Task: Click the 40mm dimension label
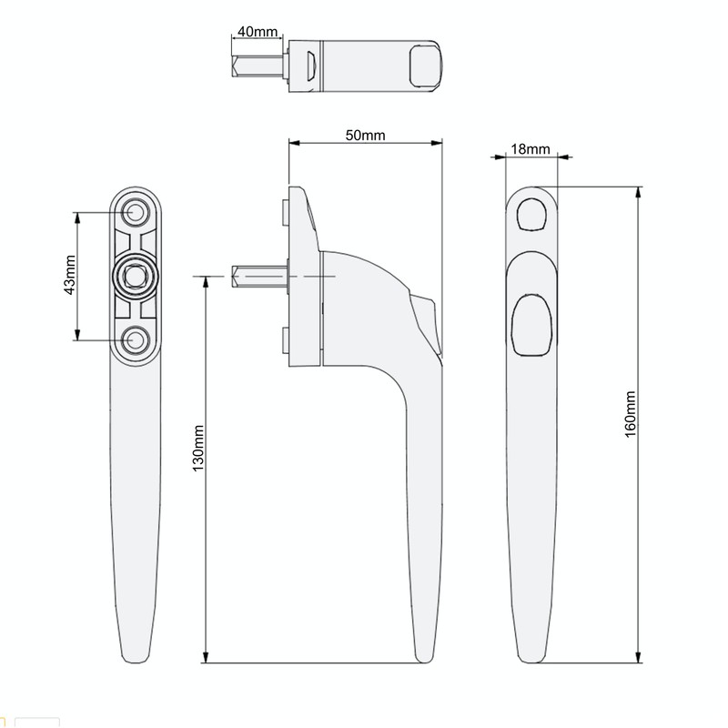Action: (257, 31)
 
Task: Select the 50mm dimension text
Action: (366, 135)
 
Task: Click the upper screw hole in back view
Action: (136, 212)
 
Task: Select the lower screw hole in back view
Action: (136, 339)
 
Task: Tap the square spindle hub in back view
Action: (136, 275)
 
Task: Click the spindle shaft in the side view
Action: (259, 275)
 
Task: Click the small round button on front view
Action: (531, 215)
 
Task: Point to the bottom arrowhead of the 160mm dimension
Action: (637, 660)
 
